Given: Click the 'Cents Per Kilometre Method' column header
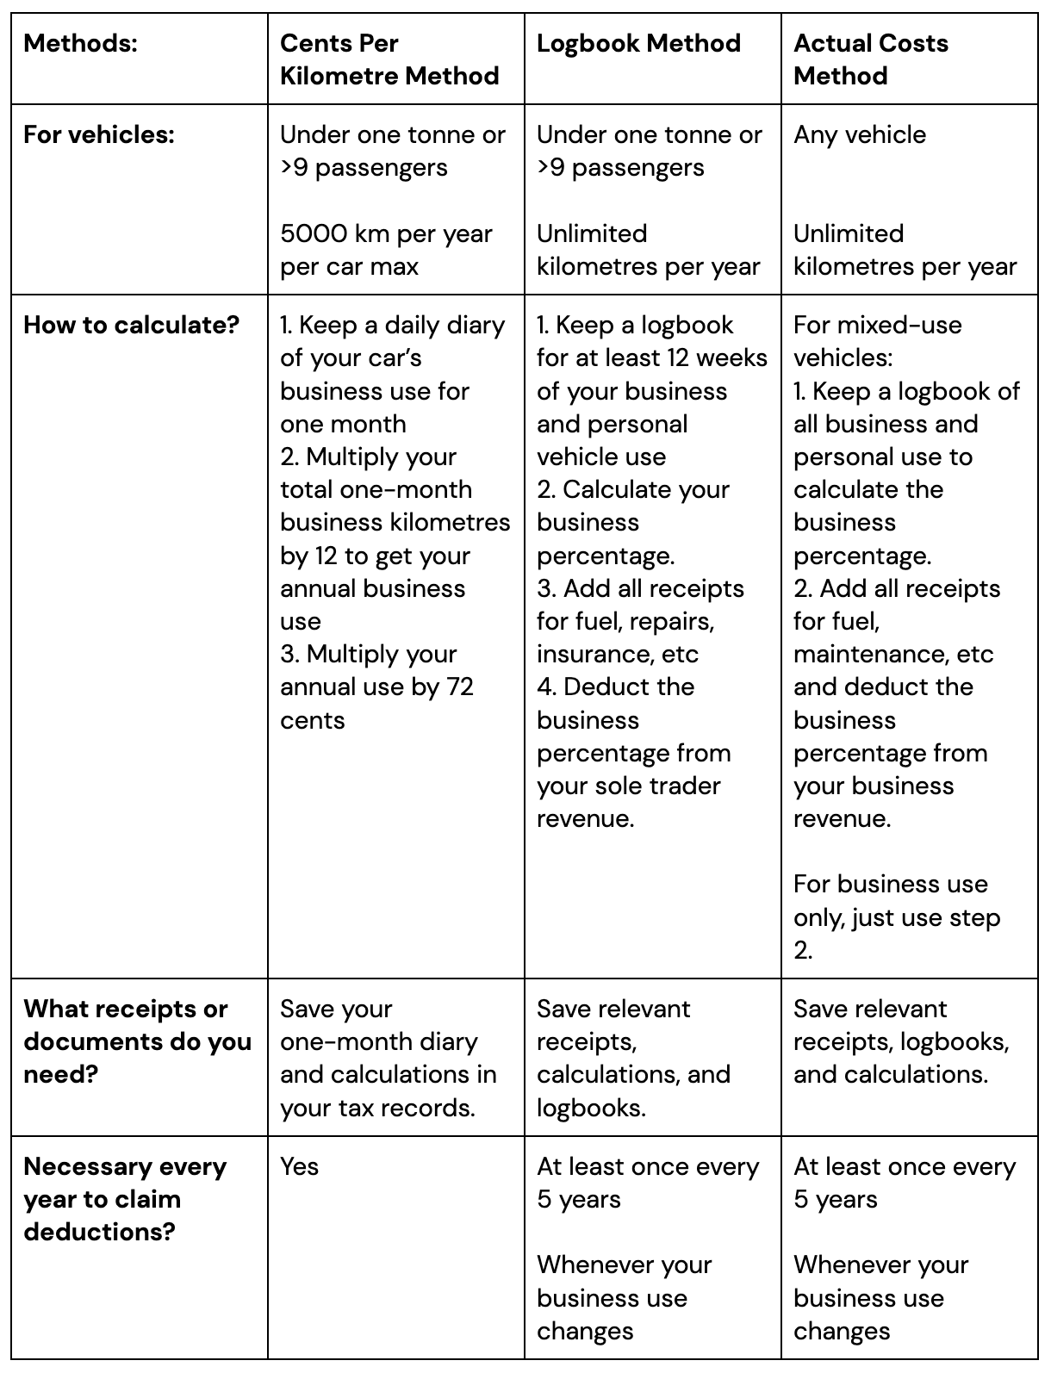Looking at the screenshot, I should (x=389, y=59).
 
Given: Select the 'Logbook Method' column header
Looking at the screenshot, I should (x=638, y=43).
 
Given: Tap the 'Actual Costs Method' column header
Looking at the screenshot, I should (x=870, y=59).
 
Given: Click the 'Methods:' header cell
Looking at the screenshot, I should (x=80, y=43).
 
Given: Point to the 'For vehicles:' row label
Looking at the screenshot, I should (x=98, y=134).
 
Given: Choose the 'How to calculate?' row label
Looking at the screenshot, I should (x=131, y=325).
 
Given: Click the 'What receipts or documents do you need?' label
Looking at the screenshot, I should (x=137, y=1041).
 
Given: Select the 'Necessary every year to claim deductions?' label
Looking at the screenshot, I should (x=125, y=1199).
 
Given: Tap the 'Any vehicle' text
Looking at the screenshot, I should (x=859, y=134).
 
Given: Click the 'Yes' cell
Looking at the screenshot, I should (x=299, y=1166).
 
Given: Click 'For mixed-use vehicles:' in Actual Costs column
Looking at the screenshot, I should (x=877, y=341).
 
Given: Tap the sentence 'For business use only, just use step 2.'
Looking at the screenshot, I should (x=896, y=916).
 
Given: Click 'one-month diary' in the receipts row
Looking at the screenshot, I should (x=378, y=1041).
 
